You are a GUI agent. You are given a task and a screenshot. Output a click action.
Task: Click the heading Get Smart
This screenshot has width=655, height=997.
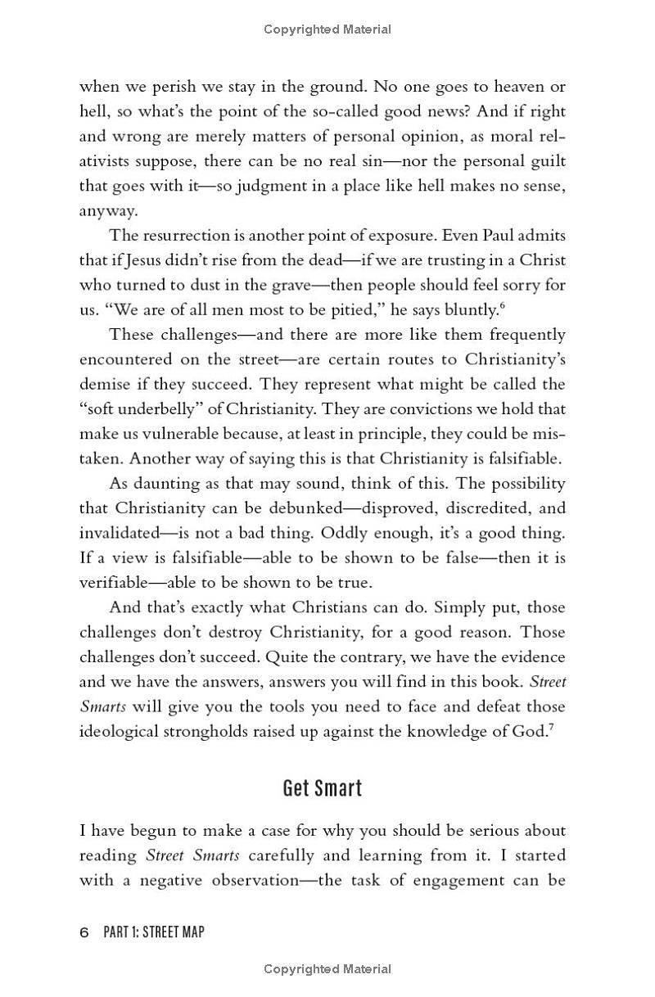(322, 788)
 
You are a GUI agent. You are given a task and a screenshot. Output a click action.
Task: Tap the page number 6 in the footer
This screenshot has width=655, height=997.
(84, 932)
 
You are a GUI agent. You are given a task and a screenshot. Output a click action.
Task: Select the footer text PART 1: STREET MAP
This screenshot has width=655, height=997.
(154, 932)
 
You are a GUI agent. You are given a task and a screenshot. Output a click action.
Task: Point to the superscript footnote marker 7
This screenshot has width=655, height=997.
(550, 726)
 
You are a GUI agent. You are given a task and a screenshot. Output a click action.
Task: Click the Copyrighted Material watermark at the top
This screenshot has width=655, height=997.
(327, 29)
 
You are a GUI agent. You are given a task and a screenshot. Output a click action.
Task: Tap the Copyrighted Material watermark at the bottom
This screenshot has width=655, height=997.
(327, 969)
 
